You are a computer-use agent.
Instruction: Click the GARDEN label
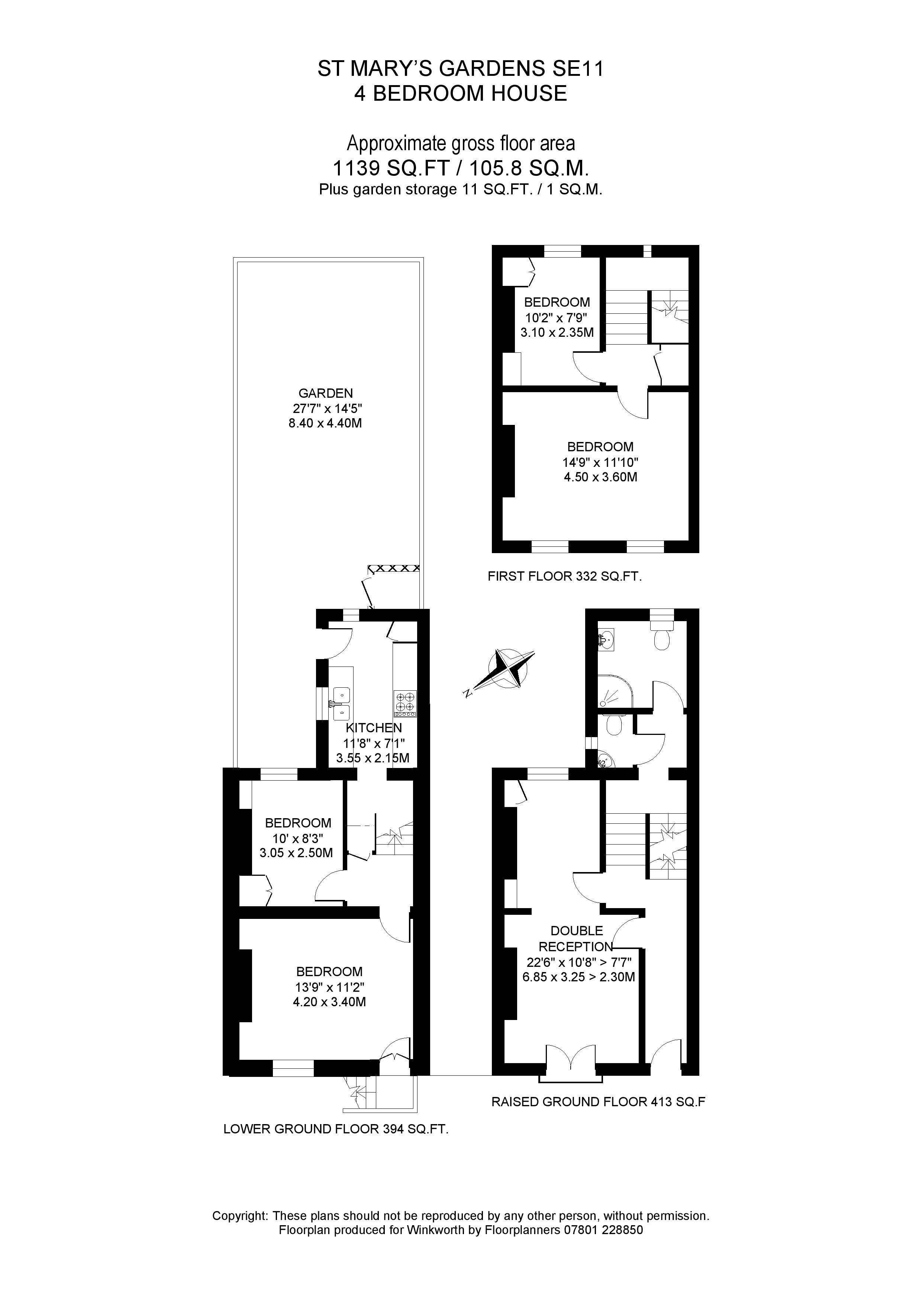[326, 393]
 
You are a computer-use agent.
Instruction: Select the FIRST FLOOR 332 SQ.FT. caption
[564, 577]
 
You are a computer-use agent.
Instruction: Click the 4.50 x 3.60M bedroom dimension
[600, 477]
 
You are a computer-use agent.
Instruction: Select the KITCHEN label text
[374, 728]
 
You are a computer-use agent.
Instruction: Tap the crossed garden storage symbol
[394, 568]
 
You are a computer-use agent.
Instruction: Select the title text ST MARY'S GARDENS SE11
[460, 69]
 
